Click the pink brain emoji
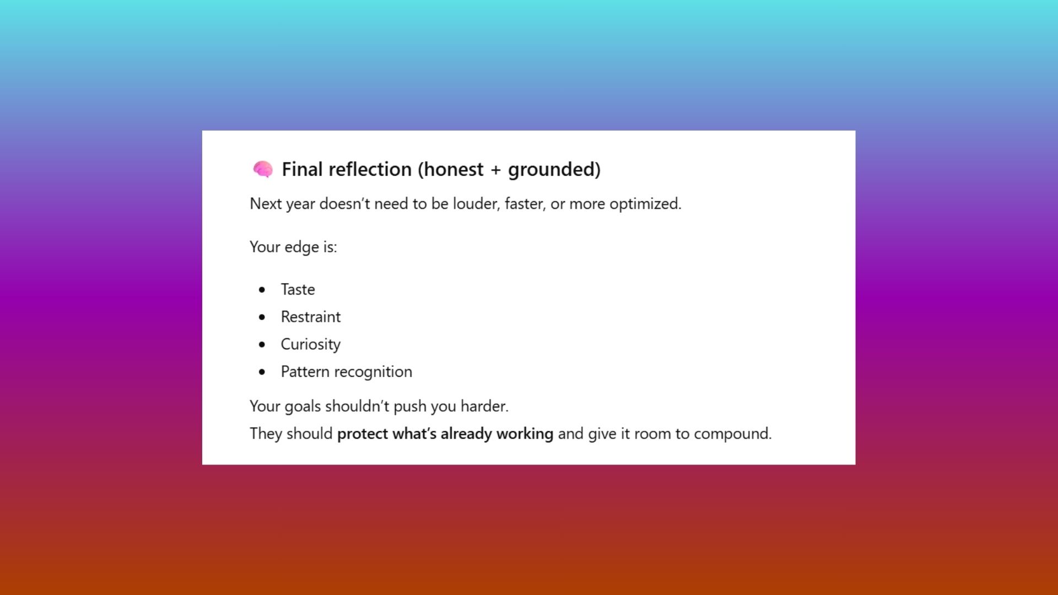click(x=263, y=169)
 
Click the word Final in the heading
click(x=302, y=169)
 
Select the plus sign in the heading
click(x=495, y=170)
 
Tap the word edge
click(x=301, y=247)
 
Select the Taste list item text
click(x=298, y=289)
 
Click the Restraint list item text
click(x=311, y=317)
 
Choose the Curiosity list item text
click(x=311, y=344)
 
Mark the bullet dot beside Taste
click(x=262, y=290)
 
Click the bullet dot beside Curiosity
click(x=262, y=345)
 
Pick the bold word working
click(x=525, y=434)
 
